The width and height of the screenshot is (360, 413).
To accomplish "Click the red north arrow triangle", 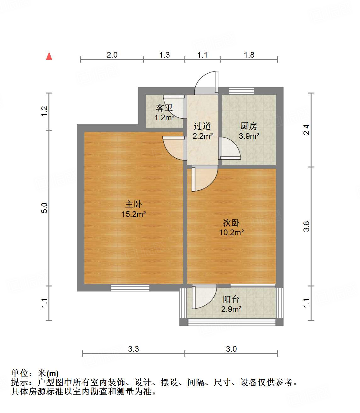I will point(49,56).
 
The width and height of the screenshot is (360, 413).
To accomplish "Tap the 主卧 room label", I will point(133,204).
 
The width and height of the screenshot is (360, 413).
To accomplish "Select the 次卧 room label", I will point(231,223).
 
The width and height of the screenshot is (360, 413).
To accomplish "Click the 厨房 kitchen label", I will point(249,126).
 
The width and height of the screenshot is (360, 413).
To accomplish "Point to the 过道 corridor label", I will point(202,126).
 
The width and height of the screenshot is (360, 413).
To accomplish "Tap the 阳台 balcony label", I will point(231,299).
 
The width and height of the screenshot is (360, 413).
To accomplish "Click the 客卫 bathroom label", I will point(164,108).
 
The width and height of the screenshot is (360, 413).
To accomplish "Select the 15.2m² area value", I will point(133,214).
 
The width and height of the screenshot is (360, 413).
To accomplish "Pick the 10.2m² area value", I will point(231,233).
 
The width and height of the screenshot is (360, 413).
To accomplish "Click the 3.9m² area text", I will point(249,136).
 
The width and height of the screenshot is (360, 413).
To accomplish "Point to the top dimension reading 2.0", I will point(112,55).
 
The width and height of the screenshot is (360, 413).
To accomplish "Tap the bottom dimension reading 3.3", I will point(133,349).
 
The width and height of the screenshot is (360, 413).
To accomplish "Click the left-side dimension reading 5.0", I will point(44,208).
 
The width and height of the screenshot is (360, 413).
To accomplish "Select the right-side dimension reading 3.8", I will point(306,226).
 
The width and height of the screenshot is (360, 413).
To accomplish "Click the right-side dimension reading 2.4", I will point(306,130).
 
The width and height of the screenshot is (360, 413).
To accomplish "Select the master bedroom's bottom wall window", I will point(130,288).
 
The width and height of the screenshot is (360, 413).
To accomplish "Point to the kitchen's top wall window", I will point(241,91).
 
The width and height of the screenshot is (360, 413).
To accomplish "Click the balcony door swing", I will point(204,297).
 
